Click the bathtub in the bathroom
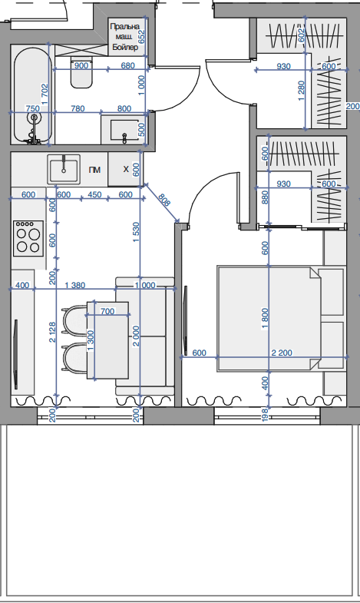pyautogui.click(x=33, y=96)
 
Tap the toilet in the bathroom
pyautogui.click(x=81, y=73)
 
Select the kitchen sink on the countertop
pyautogui.click(x=64, y=169)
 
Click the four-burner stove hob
pyautogui.click(x=28, y=238)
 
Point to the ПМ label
pyautogui.click(x=94, y=170)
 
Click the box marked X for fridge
pyautogui.click(x=125, y=169)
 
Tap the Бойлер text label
pyautogui.click(x=125, y=48)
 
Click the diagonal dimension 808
pyautogui.click(x=163, y=199)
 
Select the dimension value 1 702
pyautogui.click(x=45, y=94)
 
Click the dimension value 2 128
pyautogui.click(x=52, y=333)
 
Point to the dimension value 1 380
pyautogui.click(x=75, y=285)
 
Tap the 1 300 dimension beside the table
pyautogui.click(x=91, y=341)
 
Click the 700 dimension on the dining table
pyautogui.click(x=107, y=311)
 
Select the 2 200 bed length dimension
pyautogui.click(x=282, y=353)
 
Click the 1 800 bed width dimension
pyautogui.click(x=265, y=319)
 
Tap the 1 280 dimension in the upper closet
pyautogui.click(x=301, y=91)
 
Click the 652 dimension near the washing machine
pyautogui.click(x=141, y=37)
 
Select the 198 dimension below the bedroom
pyautogui.click(x=265, y=416)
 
